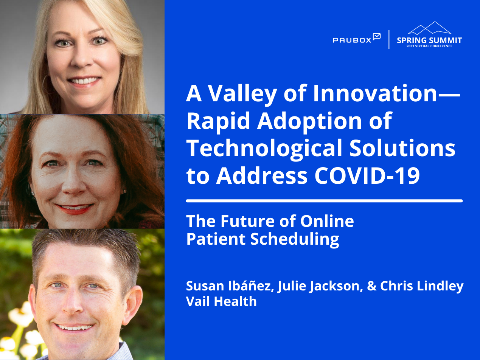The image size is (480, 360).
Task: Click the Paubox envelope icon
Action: tap(377, 37)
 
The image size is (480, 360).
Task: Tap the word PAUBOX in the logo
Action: tap(352, 40)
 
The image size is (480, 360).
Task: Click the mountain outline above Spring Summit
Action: tap(429, 28)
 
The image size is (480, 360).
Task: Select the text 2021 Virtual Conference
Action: tap(429, 46)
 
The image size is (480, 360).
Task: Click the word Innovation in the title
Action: tap(375, 94)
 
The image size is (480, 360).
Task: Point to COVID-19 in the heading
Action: tap(367, 176)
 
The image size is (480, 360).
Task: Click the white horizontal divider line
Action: tap(324, 201)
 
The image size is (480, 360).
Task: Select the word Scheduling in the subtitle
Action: tap(295, 239)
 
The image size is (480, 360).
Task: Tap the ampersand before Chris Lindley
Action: tap(371, 286)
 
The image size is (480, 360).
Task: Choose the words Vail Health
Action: tap(221, 301)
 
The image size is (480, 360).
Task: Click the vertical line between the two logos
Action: tap(389, 39)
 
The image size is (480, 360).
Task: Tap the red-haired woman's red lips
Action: tap(75, 209)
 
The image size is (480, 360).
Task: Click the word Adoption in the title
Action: tap(309, 121)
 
